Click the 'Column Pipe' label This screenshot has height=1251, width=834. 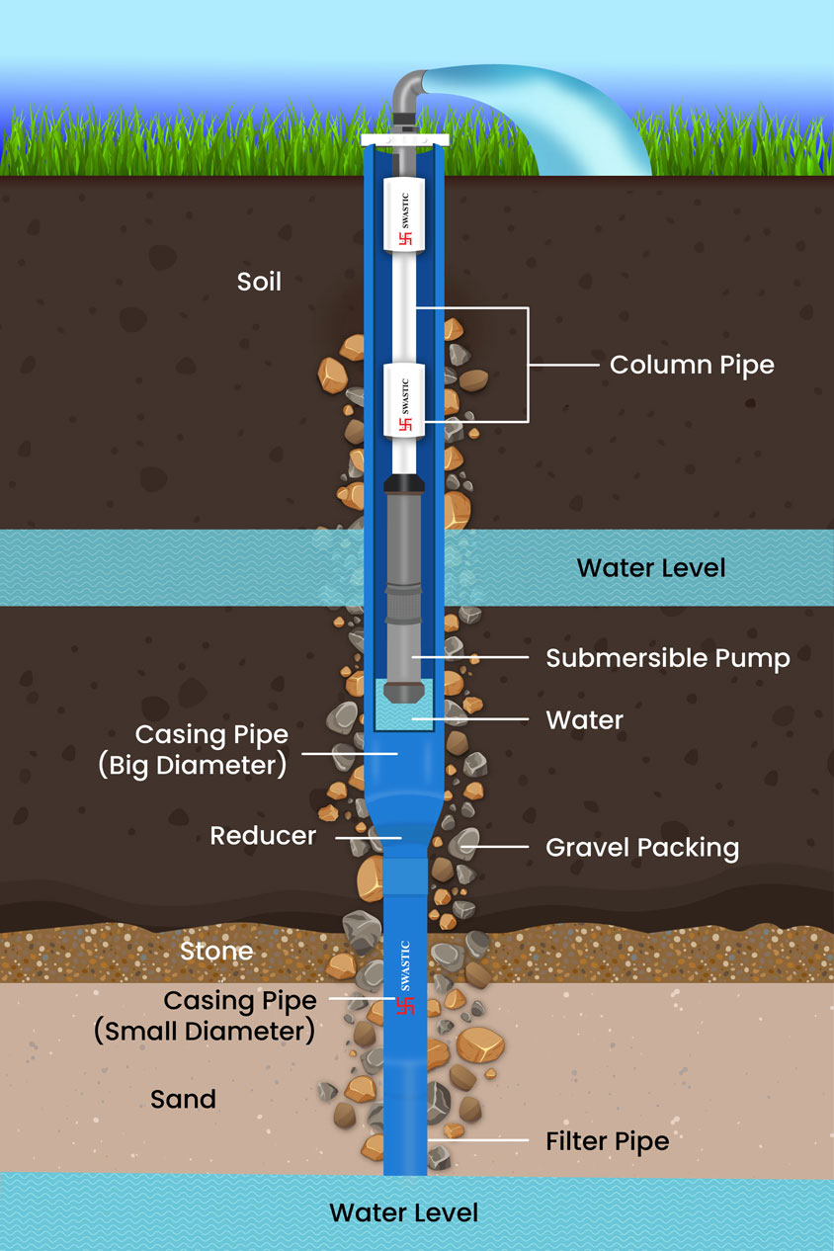(691, 365)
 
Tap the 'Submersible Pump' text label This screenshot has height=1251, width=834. (668, 658)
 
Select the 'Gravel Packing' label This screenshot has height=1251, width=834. (642, 847)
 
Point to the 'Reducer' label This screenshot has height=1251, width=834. (263, 836)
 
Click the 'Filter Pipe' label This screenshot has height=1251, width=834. (607, 1141)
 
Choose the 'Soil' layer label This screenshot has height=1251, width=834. (259, 282)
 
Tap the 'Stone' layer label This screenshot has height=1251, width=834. (216, 952)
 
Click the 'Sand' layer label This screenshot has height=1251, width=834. (183, 1099)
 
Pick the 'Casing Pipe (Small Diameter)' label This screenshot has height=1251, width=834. (206, 1016)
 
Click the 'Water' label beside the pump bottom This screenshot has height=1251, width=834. (584, 720)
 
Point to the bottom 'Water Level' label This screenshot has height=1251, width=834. (403, 1212)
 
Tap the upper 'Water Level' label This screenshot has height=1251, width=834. (651, 568)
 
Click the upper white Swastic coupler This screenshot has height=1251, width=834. (403, 215)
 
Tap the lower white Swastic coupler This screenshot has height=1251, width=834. (403, 400)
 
